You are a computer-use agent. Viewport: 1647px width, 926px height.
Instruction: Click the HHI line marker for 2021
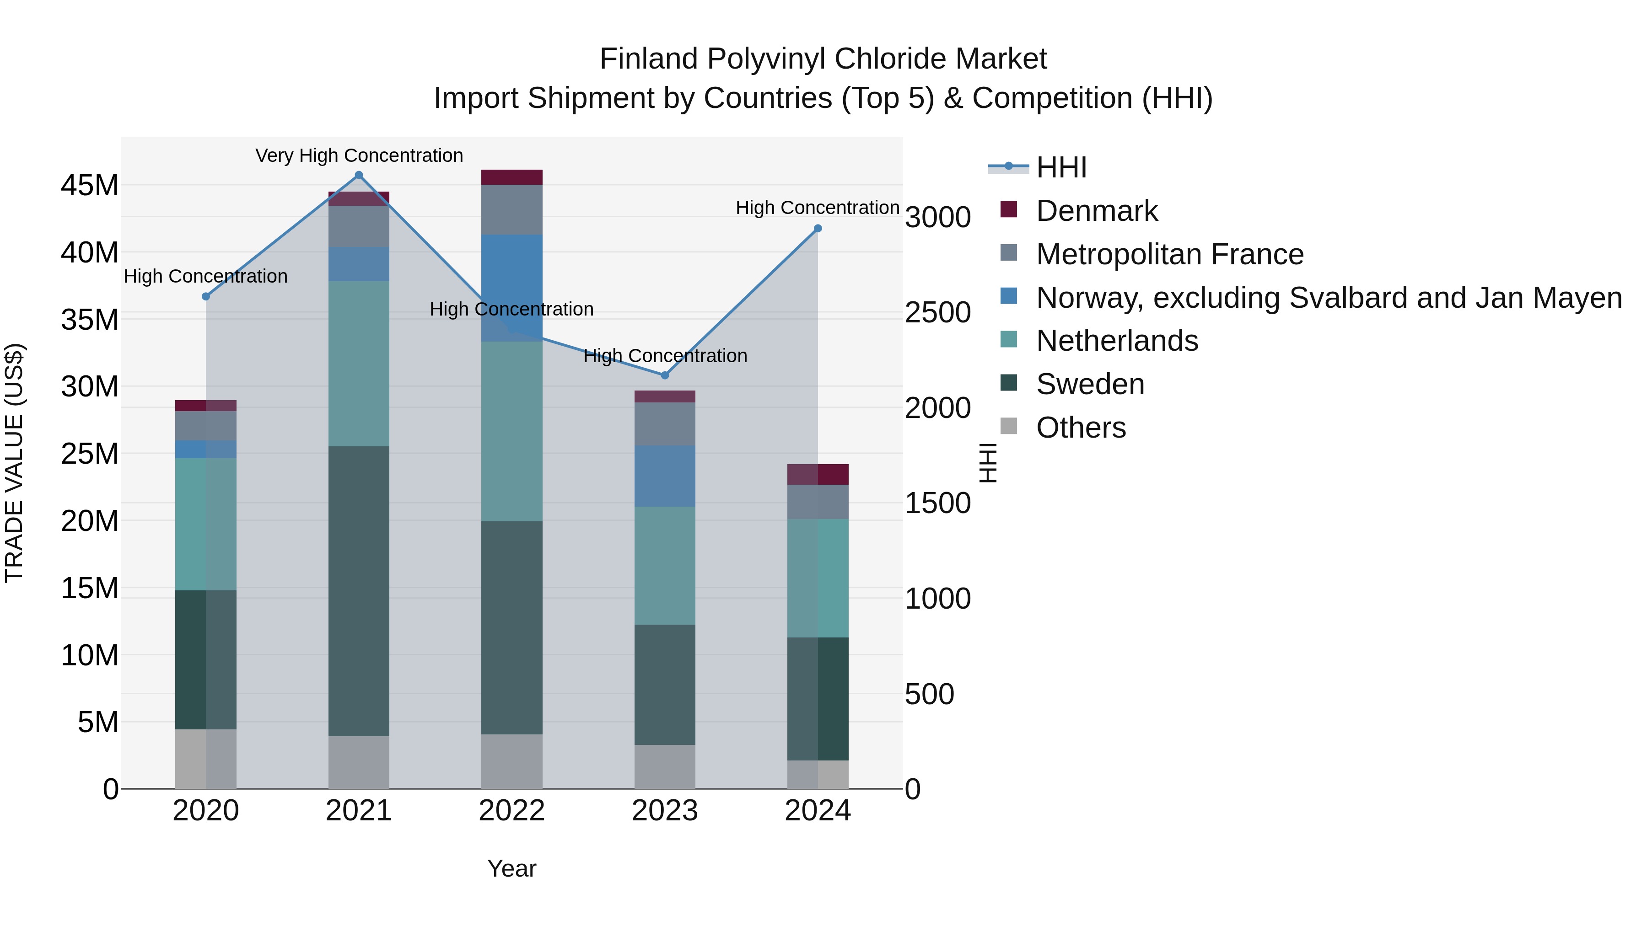pyautogui.click(x=359, y=175)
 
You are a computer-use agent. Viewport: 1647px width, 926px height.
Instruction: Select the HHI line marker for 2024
pyautogui.click(x=818, y=229)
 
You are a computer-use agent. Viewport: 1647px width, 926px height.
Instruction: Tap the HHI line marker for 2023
pyautogui.click(x=665, y=375)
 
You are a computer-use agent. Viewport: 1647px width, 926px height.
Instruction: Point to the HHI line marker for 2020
pyautogui.click(x=206, y=296)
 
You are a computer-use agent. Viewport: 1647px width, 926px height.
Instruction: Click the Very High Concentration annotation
pyautogui.click(x=359, y=155)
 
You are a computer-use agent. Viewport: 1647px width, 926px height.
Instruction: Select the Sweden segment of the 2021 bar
pyautogui.click(x=359, y=591)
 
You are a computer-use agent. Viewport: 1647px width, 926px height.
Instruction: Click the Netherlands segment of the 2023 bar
pyautogui.click(x=665, y=566)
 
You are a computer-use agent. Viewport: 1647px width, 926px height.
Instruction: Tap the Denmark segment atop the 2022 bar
pyautogui.click(x=511, y=177)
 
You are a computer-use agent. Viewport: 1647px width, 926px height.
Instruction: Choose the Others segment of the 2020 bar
pyautogui.click(x=206, y=759)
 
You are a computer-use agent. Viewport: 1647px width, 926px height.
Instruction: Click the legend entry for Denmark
pyautogui.click(x=1097, y=211)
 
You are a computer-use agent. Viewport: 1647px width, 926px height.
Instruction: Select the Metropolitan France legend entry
pyautogui.click(x=1169, y=254)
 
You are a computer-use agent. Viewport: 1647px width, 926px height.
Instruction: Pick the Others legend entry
pyautogui.click(x=1081, y=428)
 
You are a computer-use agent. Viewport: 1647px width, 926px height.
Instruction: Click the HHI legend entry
pyautogui.click(x=1061, y=167)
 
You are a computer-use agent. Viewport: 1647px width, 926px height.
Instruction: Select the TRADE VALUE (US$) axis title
pyautogui.click(x=14, y=463)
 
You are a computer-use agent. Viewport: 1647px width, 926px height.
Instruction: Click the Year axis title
pyautogui.click(x=511, y=868)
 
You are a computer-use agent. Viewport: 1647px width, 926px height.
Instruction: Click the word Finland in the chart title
pyautogui.click(x=648, y=59)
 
